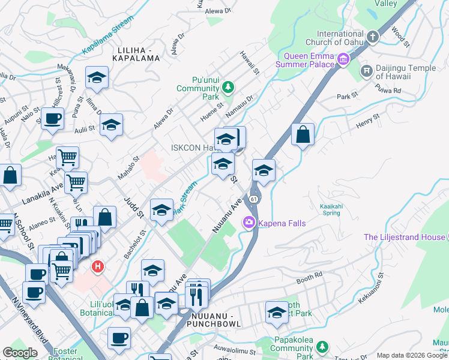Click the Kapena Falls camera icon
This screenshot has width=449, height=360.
(249, 223)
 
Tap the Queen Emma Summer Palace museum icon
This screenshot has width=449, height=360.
(343, 59)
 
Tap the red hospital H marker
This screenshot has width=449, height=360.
(96, 266)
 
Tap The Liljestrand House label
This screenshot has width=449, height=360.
(405, 237)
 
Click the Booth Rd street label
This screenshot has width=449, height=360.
(310, 278)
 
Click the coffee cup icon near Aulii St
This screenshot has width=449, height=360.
(52, 118)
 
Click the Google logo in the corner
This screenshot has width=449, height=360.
(20, 353)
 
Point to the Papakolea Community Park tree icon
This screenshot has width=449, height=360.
(322, 347)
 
